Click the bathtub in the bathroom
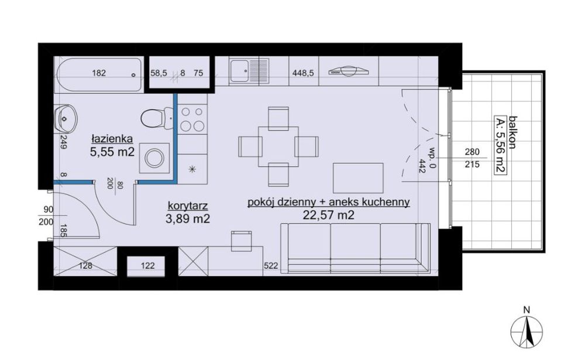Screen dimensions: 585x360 99,75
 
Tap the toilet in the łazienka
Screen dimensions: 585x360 157,118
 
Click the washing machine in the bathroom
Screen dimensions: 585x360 154,158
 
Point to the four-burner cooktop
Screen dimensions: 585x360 192,118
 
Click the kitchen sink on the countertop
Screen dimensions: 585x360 249,71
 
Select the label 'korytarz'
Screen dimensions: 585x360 188,205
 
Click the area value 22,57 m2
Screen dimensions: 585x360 328,215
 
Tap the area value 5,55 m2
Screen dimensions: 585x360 112,152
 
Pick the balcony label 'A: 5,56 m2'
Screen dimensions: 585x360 500,145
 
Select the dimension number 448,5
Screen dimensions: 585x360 303,73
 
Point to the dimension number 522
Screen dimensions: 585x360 271,266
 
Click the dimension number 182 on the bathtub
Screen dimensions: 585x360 99,73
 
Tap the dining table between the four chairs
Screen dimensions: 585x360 278,146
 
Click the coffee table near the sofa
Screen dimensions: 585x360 358,177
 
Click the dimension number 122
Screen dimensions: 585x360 148,266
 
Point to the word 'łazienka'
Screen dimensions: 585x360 112,139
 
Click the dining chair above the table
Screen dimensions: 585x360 278,117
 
